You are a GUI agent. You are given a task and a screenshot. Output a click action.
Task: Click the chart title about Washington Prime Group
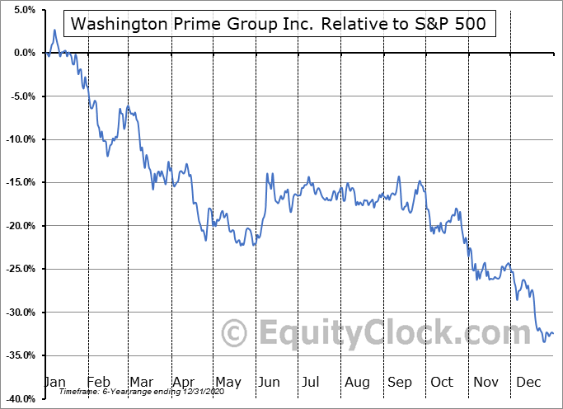(x=284, y=24)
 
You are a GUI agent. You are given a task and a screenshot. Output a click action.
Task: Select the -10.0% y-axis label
(x=18, y=139)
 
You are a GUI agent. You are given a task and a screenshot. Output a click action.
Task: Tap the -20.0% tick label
(x=18, y=226)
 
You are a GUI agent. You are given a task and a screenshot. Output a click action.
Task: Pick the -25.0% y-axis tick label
(x=18, y=269)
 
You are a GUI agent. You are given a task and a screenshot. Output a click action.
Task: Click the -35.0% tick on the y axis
(x=18, y=355)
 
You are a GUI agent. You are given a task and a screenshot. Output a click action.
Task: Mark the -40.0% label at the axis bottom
(x=18, y=398)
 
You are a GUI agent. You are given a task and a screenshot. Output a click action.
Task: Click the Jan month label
(x=54, y=383)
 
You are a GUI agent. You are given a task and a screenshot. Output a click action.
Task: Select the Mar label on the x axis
(x=140, y=383)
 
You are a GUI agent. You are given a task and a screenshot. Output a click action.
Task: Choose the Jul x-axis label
(x=311, y=383)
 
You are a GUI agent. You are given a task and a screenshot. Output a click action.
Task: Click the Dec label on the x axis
(x=528, y=383)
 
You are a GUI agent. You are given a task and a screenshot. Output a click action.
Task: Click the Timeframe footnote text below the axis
(x=119, y=393)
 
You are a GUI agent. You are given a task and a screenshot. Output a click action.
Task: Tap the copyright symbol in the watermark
(x=236, y=333)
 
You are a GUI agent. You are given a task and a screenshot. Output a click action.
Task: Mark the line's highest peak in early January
(x=54, y=31)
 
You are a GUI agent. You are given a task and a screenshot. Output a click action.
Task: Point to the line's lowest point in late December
(x=543, y=341)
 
